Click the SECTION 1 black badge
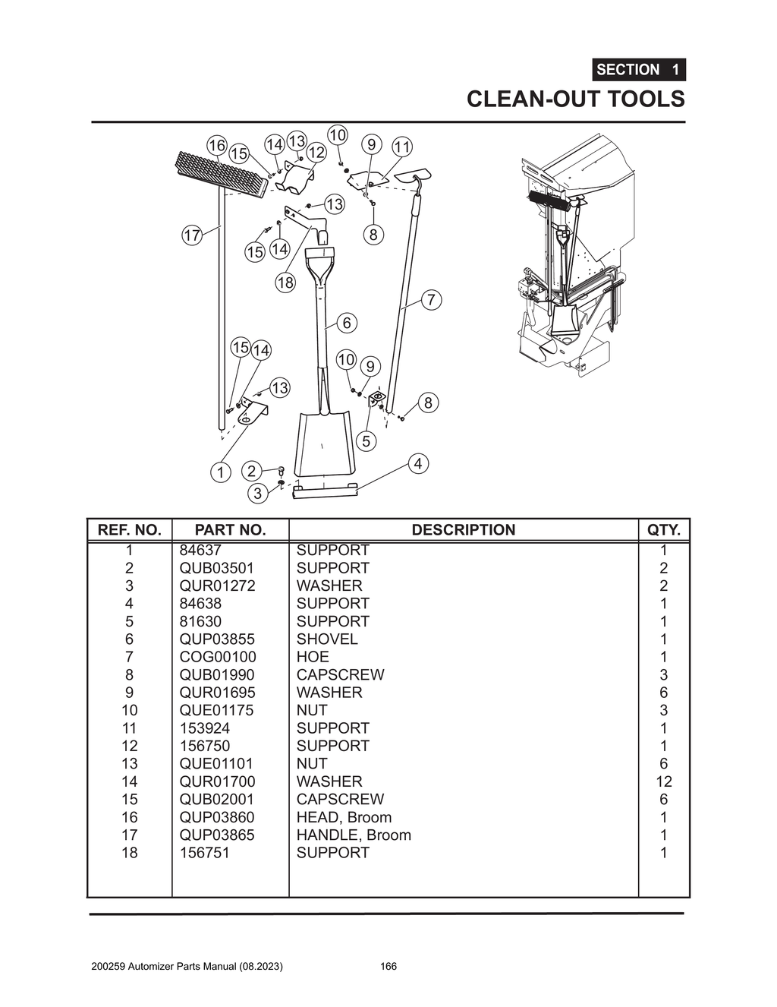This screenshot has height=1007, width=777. pyautogui.click(x=639, y=70)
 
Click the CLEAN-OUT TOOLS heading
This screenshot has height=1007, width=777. pyautogui.click(x=575, y=99)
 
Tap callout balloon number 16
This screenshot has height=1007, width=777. pyautogui.click(x=217, y=146)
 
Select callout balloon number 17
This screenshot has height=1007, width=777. pyautogui.click(x=192, y=235)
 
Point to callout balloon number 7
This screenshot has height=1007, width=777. pyautogui.click(x=431, y=299)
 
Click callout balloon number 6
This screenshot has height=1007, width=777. pyautogui.click(x=347, y=323)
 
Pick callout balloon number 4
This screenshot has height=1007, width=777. pyautogui.click(x=418, y=463)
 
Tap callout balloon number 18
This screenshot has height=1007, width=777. pyautogui.click(x=285, y=283)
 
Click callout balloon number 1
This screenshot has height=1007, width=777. pyautogui.click(x=220, y=472)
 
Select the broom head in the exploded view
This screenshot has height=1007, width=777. pyautogui.click(x=222, y=173)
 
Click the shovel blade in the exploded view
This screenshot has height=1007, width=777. pyautogui.click(x=325, y=445)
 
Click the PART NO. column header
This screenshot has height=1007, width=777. pyautogui.click(x=230, y=530)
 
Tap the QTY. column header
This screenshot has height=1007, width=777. pyautogui.click(x=663, y=530)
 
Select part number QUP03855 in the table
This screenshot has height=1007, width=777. pyautogui.click(x=217, y=639)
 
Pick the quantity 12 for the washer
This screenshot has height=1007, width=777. pyautogui.click(x=663, y=781)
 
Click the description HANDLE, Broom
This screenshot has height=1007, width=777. pyautogui.click(x=354, y=835)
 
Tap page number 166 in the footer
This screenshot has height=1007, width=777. pyautogui.click(x=388, y=967)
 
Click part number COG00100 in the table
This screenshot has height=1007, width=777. pyautogui.click(x=218, y=657)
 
